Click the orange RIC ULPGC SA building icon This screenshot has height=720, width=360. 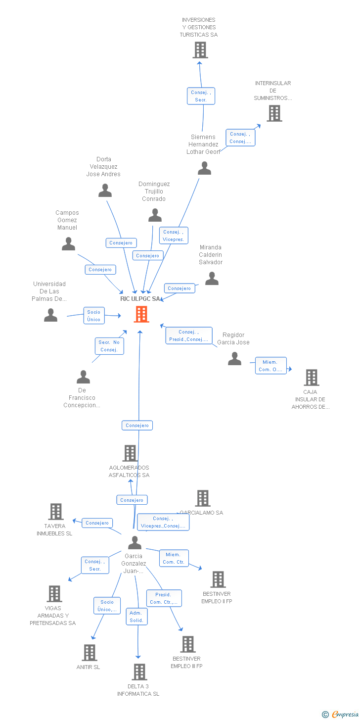(141, 314)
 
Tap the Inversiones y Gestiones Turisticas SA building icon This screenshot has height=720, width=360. (200, 50)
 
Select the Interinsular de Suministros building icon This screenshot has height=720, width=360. (274, 113)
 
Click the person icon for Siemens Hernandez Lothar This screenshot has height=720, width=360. (204, 168)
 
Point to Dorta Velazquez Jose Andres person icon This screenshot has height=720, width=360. (105, 191)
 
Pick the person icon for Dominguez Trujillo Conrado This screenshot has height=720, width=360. (155, 215)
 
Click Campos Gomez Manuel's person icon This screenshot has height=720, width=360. (68, 244)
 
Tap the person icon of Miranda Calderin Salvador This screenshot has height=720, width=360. (212, 279)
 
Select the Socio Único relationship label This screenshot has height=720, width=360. (94, 316)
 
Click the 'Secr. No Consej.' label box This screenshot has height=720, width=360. (109, 346)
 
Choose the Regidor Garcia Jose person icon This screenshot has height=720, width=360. (234, 359)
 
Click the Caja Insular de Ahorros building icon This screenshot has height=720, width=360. (311, 378)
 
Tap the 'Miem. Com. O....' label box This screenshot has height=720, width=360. (270, 366)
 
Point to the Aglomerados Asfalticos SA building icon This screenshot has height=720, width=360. (130, 453)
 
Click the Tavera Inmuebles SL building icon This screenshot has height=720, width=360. (56, 512)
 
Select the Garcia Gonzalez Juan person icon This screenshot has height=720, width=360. (135, 543)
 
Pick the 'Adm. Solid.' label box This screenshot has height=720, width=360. (136, 617)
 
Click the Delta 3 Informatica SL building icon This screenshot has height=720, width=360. (139, 672)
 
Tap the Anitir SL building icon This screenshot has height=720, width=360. (89, 653)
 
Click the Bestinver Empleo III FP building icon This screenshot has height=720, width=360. (187, 644)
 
